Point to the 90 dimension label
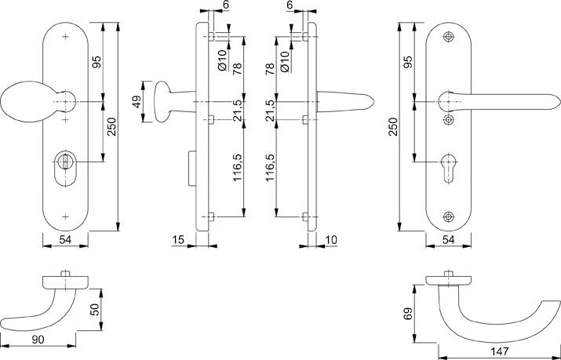click(x=37, y=340)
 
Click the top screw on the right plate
click(x=449, y=38)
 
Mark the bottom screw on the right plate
click(x=449, y=216)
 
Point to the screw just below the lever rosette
click(x=449, y=120)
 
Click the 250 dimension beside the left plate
click(x=111, y=125)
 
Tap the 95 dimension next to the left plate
click(x=97, y=63)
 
